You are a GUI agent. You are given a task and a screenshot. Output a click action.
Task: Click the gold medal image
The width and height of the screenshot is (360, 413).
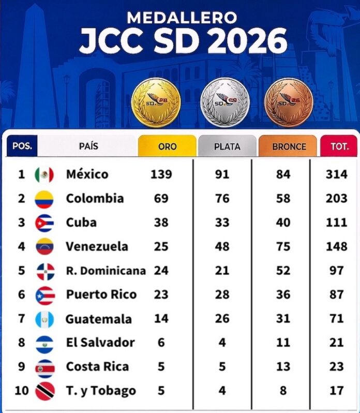pyautogui.click(x=156, y=102)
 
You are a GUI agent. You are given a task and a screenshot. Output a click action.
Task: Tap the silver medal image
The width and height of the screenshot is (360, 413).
pyautogui.click(x=224, y=102)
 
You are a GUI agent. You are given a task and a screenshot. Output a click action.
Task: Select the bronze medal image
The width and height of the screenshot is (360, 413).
pyautogui.click(x=289, y=102)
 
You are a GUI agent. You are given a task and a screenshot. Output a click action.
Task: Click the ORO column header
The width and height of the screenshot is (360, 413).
pyautogui.click(x=168, y=146)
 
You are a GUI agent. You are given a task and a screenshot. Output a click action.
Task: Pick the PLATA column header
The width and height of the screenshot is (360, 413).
pyautogui.click(x=227, y=146)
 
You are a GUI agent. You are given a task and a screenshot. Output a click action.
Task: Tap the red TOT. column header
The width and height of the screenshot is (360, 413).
pyautogui.click(x=339, y=146)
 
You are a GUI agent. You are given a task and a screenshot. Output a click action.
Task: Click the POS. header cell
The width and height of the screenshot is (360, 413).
pyautogui.click(x=22, y=146)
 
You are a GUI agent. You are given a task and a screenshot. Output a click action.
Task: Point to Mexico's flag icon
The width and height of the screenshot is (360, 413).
pyautogui.click(x=44, y=174)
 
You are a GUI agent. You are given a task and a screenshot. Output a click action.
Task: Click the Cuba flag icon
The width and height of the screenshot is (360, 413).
pyautogui.click(x=44, y=223)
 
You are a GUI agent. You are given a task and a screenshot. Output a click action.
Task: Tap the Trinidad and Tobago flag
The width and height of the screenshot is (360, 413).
pyautogui.click(x=45, y=391)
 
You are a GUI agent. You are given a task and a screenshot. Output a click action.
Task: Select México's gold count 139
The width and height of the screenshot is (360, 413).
pyautogui.click(x=161, y=174)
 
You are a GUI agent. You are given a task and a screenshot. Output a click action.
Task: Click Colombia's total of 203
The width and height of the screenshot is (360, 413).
pyautogui.click(x=337, y=198)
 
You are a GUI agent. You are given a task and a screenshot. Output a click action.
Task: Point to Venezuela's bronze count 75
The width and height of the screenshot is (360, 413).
pyautogui.click(x=283, y=246)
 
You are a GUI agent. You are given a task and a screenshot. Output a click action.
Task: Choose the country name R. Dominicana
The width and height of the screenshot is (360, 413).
pyautogui.click(x=106, y=271)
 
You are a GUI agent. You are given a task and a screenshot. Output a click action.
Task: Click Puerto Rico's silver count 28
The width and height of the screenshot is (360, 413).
pyautogui.click(x=222, y=294)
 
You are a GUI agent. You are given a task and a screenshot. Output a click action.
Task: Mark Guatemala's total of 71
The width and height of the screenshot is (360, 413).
pyautogui.click(x=337, y=318)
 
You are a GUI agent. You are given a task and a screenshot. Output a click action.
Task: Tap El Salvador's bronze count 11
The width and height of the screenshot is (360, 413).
pyautogui.click(x=283, y=343)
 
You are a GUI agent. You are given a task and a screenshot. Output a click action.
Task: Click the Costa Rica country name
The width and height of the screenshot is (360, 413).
pyautogui.click(x=97, y=366)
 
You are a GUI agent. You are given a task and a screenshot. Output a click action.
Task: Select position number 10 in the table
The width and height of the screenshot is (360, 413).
pyautogui.click(x=22, y=390)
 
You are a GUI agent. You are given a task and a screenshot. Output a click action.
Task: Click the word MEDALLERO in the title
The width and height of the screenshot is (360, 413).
pyautogui.click(x=182, y=18)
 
